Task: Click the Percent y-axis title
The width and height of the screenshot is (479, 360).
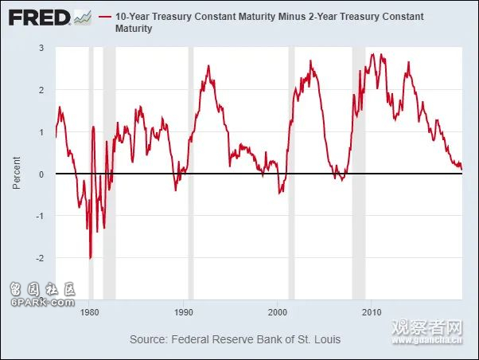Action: [x=17, y=174]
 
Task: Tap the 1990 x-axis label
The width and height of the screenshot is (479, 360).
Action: [x=185, y=313]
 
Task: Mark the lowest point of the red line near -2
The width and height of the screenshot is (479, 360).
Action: [x=90, y=258]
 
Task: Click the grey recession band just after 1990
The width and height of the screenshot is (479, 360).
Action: [x=191, y=159]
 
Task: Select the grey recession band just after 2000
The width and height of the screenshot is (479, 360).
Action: [x=291, y=159]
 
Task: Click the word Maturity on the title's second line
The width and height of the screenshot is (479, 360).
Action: [x=134, y=29]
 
